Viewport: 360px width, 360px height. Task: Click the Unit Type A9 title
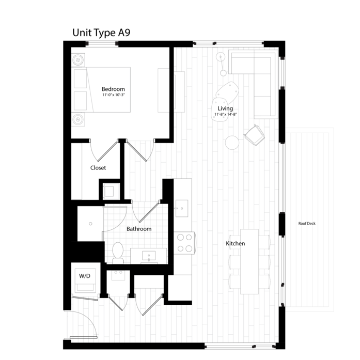[101, 33]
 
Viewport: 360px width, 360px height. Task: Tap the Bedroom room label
[113, 89]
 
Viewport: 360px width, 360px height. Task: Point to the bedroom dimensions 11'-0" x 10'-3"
[113, 95]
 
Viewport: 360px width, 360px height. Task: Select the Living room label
[225, 108]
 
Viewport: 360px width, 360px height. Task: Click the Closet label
[98, 168]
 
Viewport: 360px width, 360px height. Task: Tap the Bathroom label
[139, 229]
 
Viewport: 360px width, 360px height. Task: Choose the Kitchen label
[236, 243]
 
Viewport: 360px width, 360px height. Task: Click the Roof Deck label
[307, 224]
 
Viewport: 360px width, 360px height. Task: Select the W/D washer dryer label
[85, 276]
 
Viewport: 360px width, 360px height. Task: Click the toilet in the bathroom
[118, 253]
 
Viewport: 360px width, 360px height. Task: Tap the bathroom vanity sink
[149, 256]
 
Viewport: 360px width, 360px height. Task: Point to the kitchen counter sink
[182, 208]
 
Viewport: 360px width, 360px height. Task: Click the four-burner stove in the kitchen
[184, 243]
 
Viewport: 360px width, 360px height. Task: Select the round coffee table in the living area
[232, 143]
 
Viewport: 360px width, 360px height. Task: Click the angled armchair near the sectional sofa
[255, 135]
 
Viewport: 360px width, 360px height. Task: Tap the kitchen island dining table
[249, 261]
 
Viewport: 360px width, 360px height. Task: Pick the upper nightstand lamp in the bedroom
[78, 60]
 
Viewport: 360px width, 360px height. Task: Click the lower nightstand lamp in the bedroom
[78, 120]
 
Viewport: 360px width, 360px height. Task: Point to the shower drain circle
[90, 224]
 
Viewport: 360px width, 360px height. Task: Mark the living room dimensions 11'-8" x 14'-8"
[226, 114]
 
